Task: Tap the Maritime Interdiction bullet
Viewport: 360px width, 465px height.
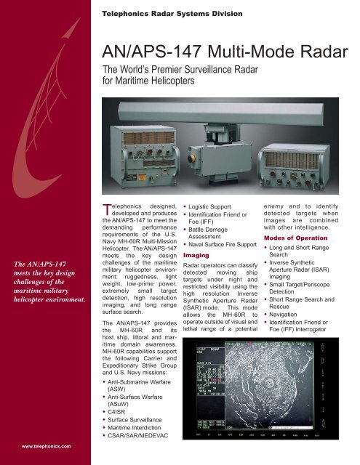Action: coord(142,437)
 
